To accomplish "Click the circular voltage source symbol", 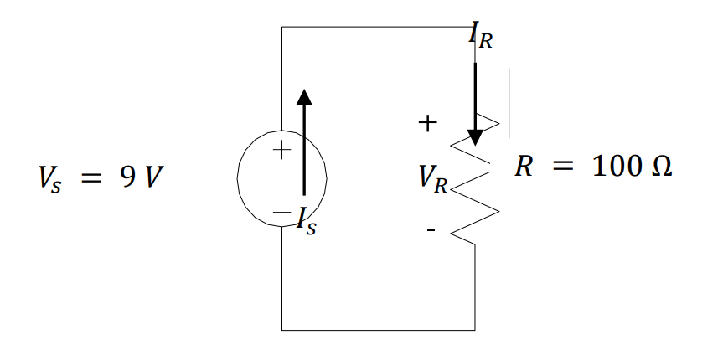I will [260, 177].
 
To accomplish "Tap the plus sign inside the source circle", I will [282, 152].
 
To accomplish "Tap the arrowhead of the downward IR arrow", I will [475, 136].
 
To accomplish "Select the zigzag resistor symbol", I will [475, 193].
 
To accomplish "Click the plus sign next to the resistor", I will [427, 124].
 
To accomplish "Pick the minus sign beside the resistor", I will [430, 229].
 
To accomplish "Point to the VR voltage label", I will [434, 177].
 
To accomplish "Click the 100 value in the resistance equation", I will [616, 166].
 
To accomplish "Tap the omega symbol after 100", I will [660, 166].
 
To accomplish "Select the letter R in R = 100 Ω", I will [524, 166].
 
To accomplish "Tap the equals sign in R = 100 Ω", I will [563, 167].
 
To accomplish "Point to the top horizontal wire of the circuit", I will [377, 27].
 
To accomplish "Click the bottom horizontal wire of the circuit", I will [377, 330].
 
